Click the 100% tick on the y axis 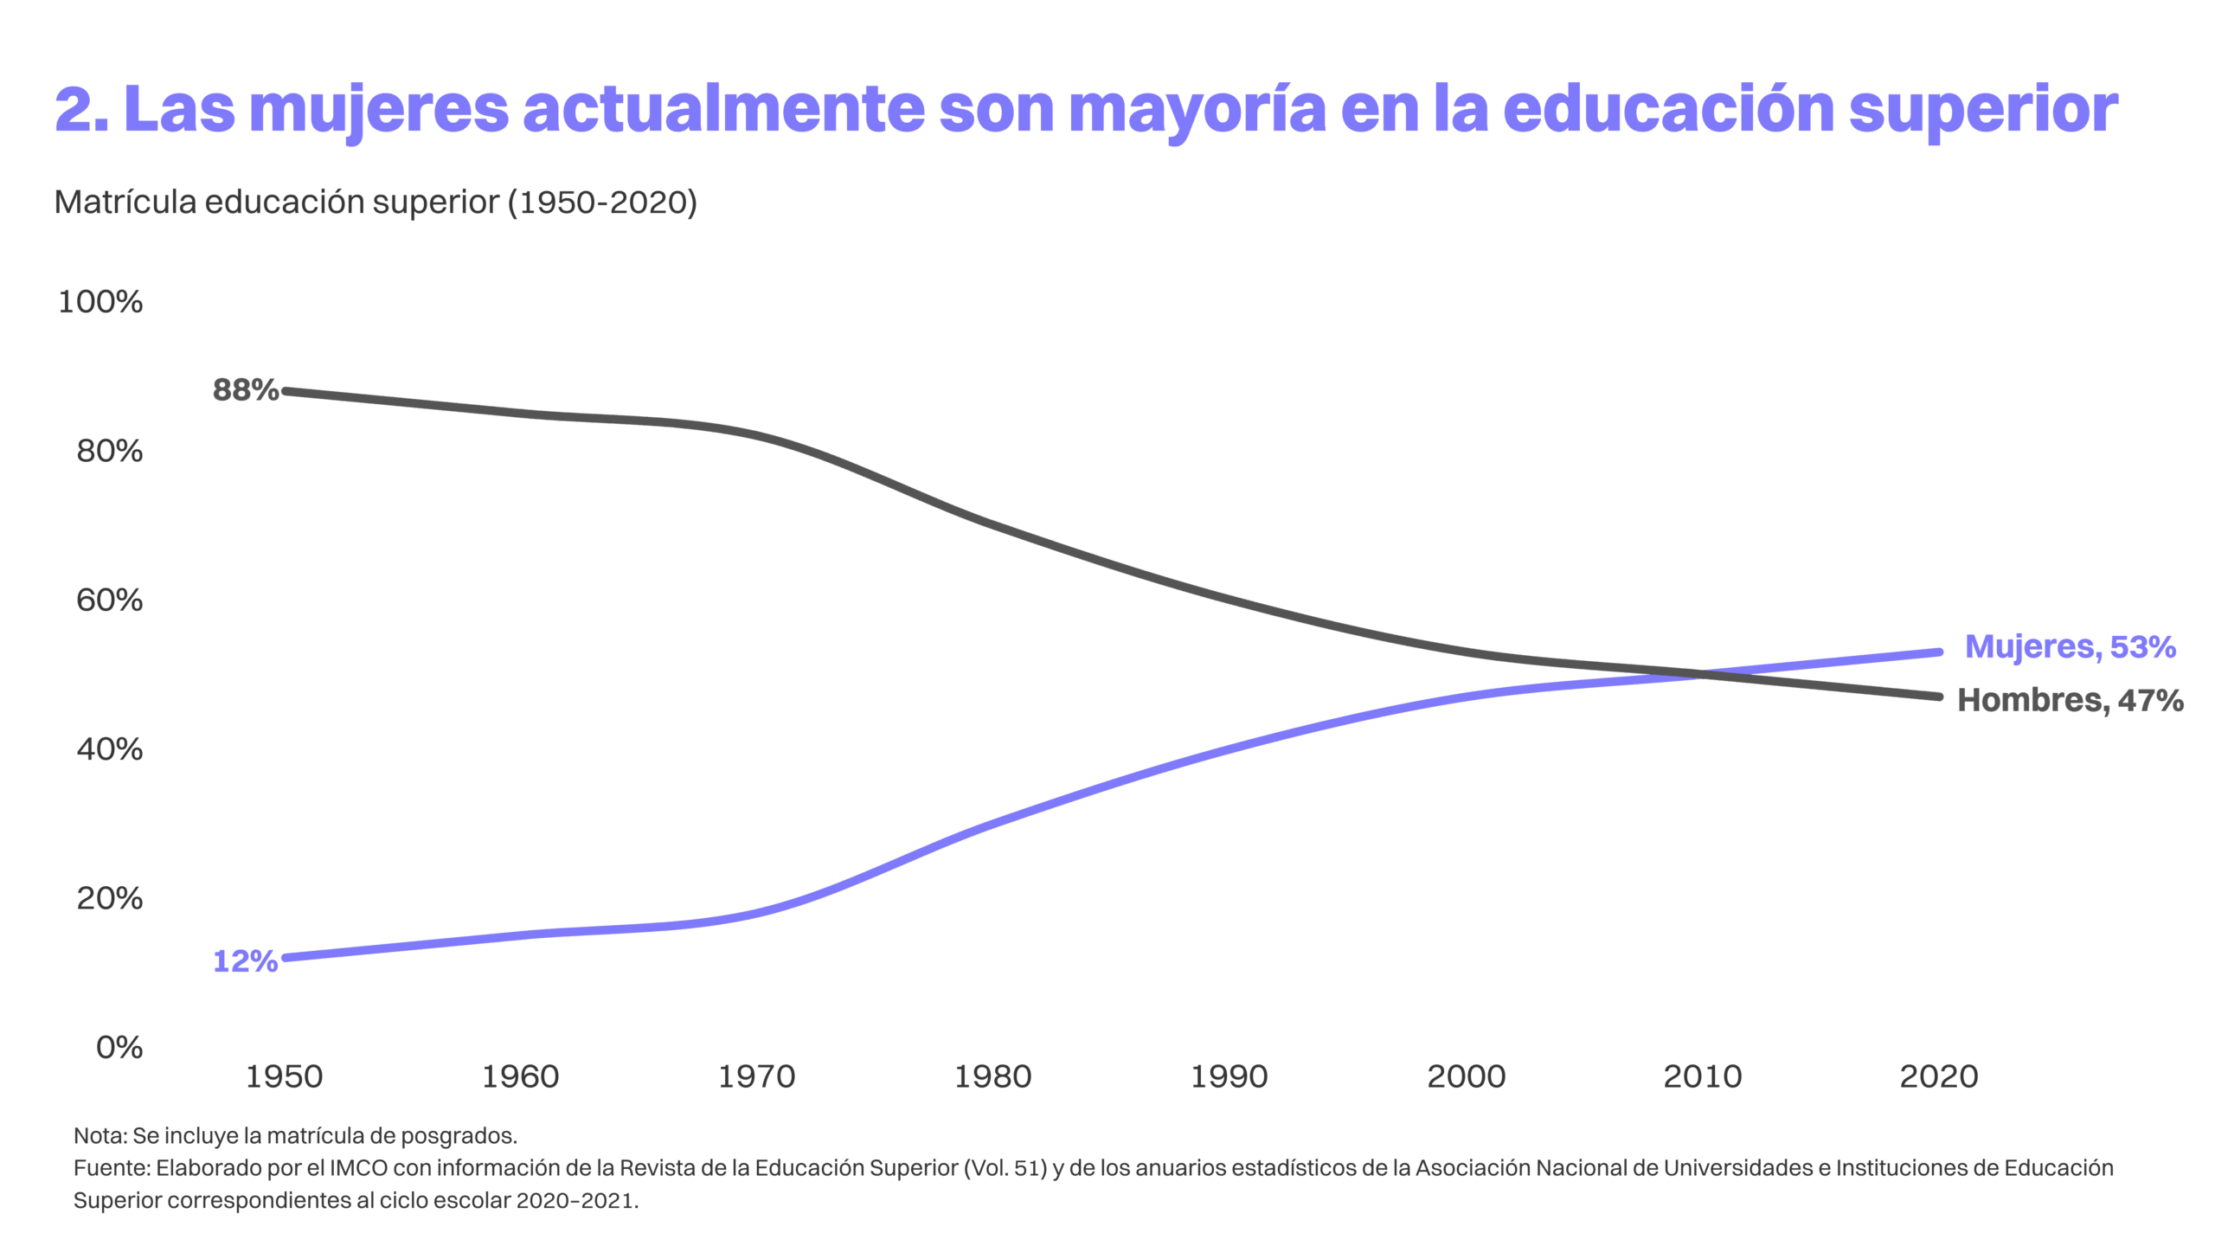pyautogui.click(x=100, y=302)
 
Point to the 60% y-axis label pyautogui.click(x=109, y=601)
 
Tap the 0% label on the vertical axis pyautogui.click(x=119, y=1048)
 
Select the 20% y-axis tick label pyautogui.click(x=109, y=899)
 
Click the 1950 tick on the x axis pyautogui.click(x=284, y=1077)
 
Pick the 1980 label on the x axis pyautogui.click(x=992, y=1077)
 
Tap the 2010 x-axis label pyautogui.click(x=1702, y=1077)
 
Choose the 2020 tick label pyautogui.click(x=1938, y=1077)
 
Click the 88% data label pyautogui.click(x=245, y=391)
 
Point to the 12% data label pyautogui.click(x=245, y=961)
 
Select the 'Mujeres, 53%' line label pyautogui.click(x=2070, y=646)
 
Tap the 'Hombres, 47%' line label pyautogui.click(x=2070, y=700)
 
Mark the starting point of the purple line pyautogui.click(x=285, y=957)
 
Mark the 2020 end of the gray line pyautogui.click(x=1939, y=697)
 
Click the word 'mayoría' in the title pyautogui.click(x=1197, y=110)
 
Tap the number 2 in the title pyautogui.click(x=74, y=110)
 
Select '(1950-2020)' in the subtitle pyautogui.click(x=602, y=202)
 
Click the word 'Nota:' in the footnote pyautogui.click(x=100, y=1135)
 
